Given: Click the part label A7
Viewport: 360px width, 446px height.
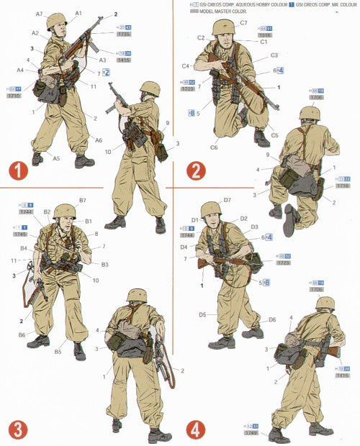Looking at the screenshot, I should click(x=40, y=14).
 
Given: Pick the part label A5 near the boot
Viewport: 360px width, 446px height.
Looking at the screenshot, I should click(x=56, y=158).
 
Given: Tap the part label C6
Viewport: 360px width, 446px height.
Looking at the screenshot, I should click(x=214, y=147).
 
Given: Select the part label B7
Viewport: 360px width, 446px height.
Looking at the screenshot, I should click(x=83, y=200).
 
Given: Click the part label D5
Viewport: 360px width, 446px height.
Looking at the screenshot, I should click(x=202, y=314).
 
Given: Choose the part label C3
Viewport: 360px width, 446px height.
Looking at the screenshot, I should click(x=274, y=55).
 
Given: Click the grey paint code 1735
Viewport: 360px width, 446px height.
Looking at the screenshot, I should click(x=124, y=34).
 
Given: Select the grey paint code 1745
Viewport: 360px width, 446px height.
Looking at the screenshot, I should click(x=21, y=234).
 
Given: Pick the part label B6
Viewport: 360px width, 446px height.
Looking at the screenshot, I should click(x=22, y=335).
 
